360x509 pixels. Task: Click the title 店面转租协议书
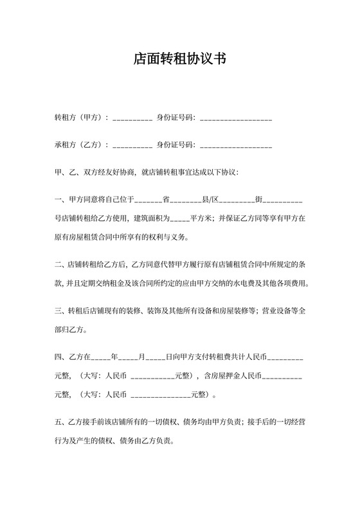179,59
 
